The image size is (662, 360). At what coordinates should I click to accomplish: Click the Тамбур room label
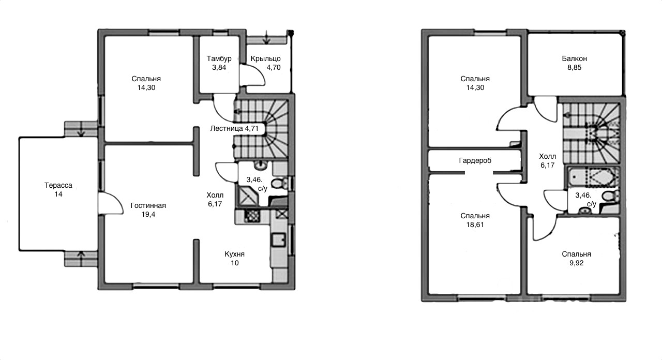point(219,58)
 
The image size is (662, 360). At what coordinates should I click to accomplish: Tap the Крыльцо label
point(266,58)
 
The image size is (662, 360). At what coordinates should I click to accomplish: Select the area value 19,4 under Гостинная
point(148,214)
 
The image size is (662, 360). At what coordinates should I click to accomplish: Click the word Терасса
point(58,185)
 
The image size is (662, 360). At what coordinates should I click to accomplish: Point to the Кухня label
point(235,254)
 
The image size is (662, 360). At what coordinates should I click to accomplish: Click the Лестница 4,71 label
point(234,128)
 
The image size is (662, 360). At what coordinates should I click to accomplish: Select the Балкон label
point(575,58)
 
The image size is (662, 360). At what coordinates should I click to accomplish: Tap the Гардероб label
point(475,160)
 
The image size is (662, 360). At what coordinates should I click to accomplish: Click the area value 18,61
point(475,224)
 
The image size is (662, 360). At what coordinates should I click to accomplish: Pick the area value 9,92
point(577,263)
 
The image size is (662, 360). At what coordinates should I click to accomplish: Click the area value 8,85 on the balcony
point(575,67)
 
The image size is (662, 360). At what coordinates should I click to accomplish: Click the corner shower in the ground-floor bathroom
point(248,195)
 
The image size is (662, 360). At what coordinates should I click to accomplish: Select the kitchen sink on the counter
point(279,240)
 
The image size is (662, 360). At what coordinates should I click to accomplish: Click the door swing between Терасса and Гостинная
point(111,203)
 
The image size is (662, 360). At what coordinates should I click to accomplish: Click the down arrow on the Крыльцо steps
point(267,38)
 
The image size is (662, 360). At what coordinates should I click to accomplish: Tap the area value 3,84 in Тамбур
point(219,67)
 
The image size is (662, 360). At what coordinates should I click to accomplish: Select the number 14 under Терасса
point(58,194)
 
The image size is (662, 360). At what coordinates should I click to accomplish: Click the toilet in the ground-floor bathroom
point(280,183)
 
